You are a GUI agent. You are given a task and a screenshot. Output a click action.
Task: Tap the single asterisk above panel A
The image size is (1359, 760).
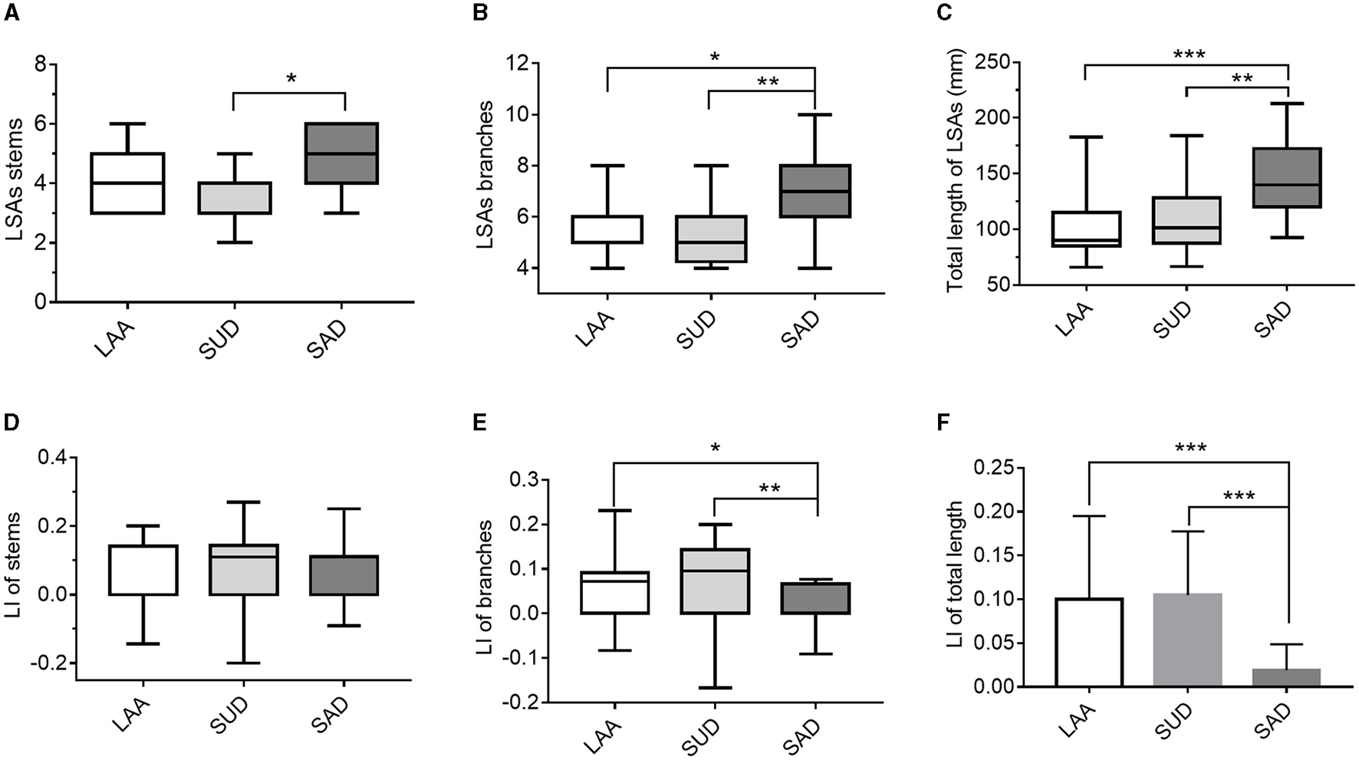point(291,78)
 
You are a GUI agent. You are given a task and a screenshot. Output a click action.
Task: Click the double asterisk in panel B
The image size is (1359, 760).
point(768,81)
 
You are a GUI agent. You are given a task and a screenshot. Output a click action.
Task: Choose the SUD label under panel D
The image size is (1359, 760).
point(228,714)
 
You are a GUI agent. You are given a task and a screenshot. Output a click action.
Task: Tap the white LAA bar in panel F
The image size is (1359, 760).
point(1089,643)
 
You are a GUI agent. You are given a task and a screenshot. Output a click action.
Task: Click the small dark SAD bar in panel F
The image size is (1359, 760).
point(1287,678)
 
